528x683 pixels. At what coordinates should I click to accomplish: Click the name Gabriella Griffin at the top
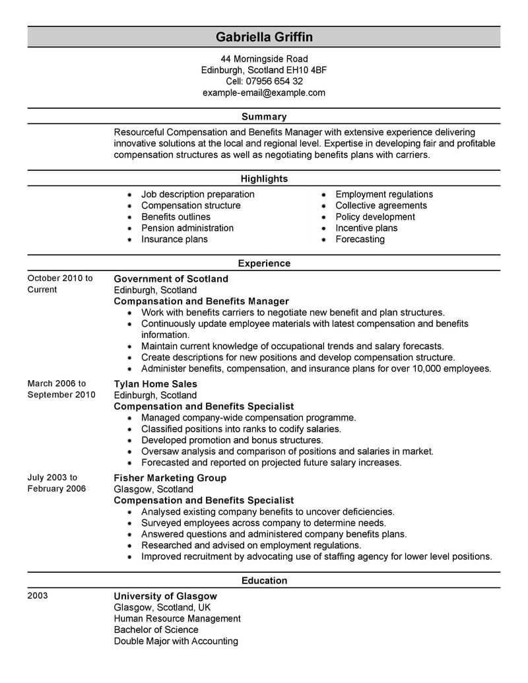click(263, 36)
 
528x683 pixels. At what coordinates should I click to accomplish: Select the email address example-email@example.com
click(263, 92)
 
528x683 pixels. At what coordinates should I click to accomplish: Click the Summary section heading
click(263, 117)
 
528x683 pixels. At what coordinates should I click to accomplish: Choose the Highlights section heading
click(263, 179)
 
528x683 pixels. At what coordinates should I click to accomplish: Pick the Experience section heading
click(263, 263)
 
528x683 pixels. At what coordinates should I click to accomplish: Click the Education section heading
click(263, 581)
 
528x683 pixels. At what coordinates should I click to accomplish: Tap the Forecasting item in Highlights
click(360, 239)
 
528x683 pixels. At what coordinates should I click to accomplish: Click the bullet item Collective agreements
click(381, 205)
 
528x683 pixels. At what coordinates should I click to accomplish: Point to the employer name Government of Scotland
click(171, 278)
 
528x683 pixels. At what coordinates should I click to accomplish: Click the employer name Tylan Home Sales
click(156, 383)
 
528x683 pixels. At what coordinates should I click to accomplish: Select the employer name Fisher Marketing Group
click(170, 478)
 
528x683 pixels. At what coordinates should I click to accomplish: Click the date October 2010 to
click(60, 278)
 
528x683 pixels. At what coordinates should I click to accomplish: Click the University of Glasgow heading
click(165, 596)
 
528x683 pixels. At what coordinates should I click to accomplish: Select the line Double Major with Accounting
click(176, 641)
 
